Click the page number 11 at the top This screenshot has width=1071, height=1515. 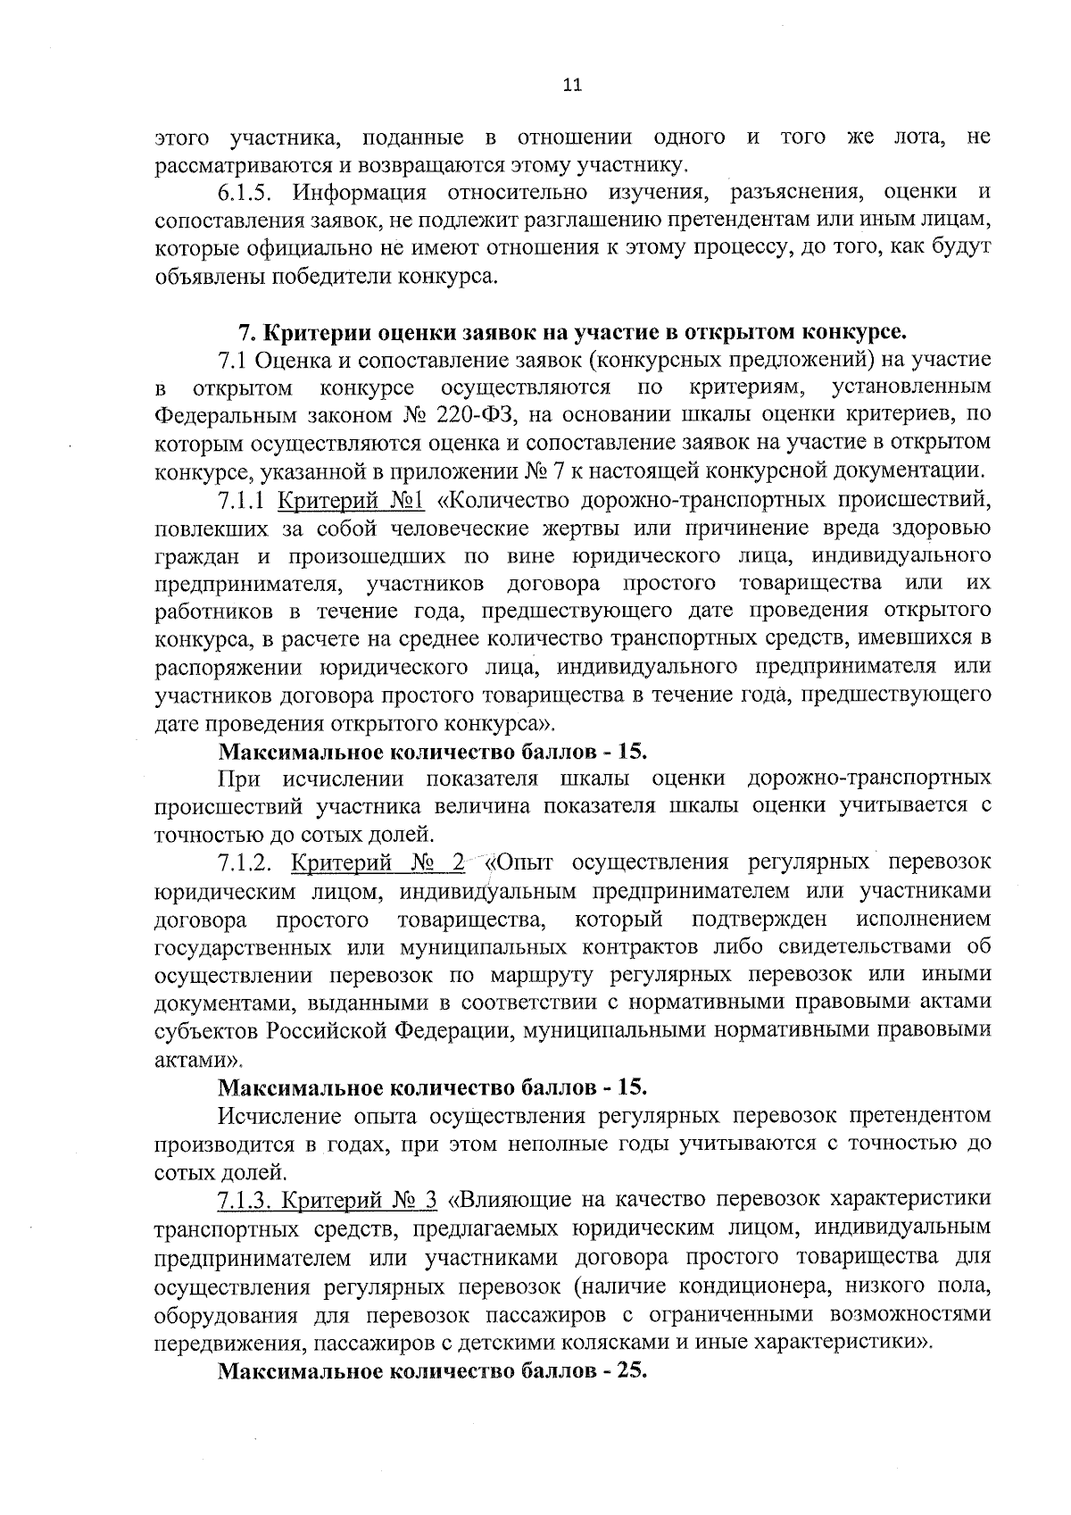point(572,86)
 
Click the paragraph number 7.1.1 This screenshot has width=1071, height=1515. point(243,498)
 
